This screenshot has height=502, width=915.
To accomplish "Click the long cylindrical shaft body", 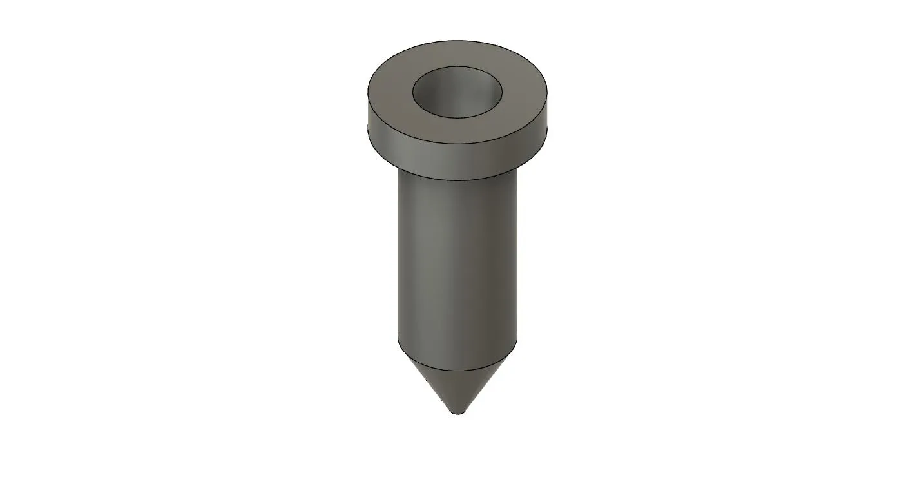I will point(457,258).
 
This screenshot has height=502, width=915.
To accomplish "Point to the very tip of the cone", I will point(458,413).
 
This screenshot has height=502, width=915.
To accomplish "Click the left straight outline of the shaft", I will point(398,258).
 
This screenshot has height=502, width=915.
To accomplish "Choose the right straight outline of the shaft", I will point(517,258).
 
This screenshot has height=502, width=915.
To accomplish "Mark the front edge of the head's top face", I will point(457,144).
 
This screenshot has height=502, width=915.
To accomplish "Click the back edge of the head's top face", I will point(457,41).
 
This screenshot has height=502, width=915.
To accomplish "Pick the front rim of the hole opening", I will point(457,119).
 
